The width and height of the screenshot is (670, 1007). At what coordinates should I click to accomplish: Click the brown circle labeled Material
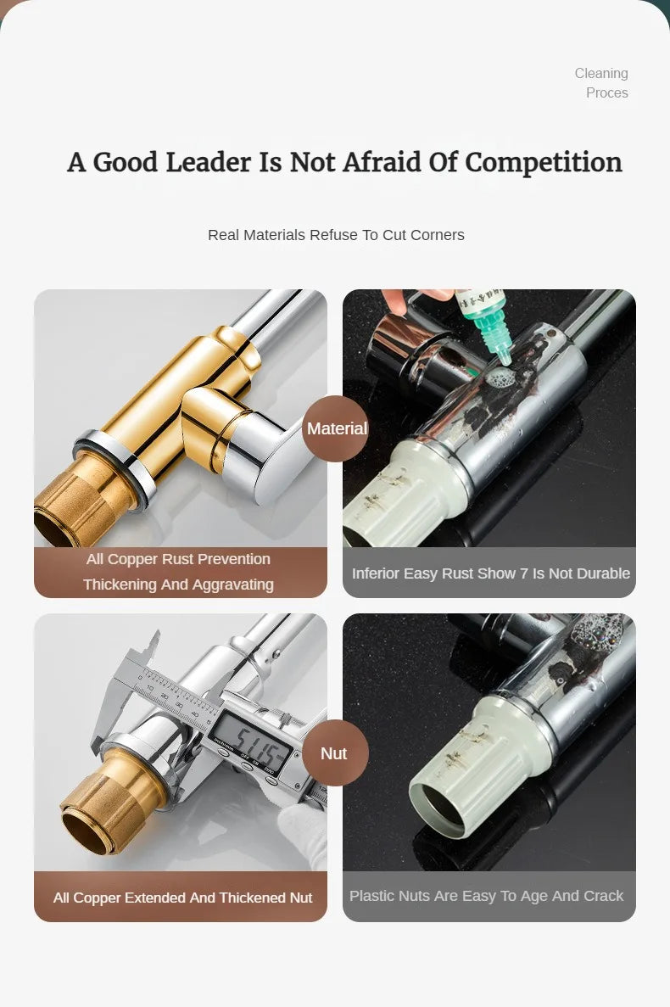(x=335, y=428)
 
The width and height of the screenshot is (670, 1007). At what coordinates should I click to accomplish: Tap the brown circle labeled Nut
(x=335, y=752)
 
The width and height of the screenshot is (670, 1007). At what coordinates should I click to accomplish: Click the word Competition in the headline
(x=544, y=163)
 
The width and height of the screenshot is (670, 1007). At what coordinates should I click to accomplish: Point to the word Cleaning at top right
(x=601, y=73)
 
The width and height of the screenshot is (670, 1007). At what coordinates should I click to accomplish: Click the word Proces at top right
(x=607, y=92)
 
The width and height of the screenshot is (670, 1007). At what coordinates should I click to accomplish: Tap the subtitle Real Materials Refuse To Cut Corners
(x=336, y=235)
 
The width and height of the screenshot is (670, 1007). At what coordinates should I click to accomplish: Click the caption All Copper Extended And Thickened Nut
(x=183, y=898)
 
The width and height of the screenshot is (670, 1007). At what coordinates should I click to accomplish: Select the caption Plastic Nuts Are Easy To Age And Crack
(x=487, y=895)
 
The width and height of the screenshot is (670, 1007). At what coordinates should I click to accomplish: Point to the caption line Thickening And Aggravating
(x=178, y=585)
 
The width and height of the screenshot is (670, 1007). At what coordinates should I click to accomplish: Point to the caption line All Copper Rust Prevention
(x=178, y=559)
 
